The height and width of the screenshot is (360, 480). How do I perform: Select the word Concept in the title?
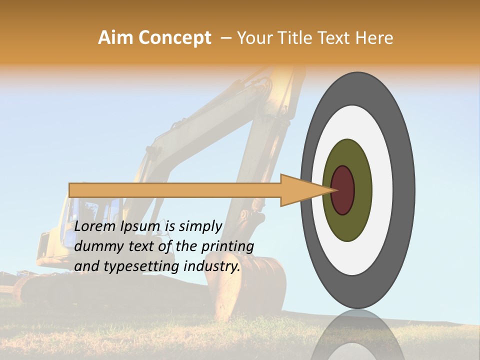174,38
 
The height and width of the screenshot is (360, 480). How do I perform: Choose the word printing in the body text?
227,246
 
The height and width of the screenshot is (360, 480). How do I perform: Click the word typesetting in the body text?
140,266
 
